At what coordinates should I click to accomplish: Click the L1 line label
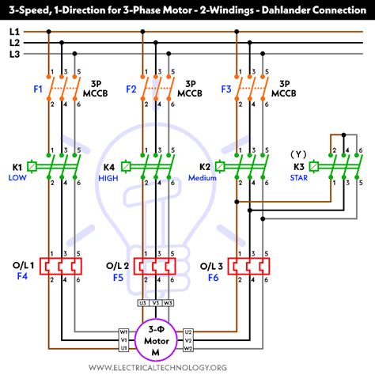14,32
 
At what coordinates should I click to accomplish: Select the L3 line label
14,54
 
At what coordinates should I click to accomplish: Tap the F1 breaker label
38,89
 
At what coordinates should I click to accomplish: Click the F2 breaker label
131,89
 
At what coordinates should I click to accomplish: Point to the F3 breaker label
226,89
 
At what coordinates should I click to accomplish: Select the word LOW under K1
17,179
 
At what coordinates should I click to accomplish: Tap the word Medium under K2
202,179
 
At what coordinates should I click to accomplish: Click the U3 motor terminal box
142,302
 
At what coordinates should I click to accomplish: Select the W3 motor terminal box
169,302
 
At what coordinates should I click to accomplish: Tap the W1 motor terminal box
124,331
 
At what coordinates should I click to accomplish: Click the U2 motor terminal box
187,331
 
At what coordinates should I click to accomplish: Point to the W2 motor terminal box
187,347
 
